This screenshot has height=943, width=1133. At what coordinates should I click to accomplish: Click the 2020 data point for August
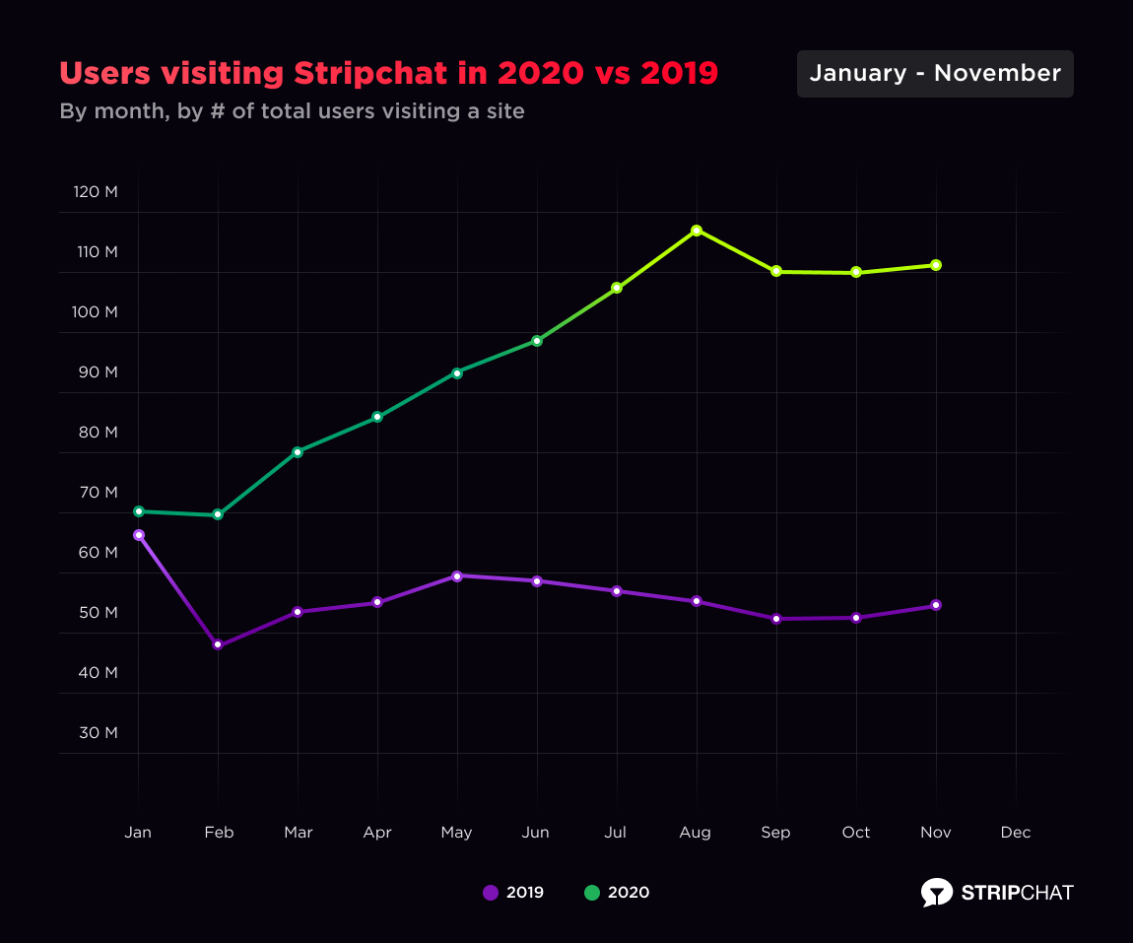click(x=697, y=231)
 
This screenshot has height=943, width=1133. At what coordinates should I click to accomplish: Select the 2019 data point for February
click(x=218, y=645)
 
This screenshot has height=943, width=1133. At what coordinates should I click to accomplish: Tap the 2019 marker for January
click(x=139, y=535)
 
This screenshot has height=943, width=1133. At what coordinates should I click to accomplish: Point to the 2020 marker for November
click(x=936, y=265)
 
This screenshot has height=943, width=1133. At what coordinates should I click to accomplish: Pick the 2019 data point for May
click(x=457, y=575)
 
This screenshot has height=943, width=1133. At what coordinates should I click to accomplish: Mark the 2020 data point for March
click(x=298, y=452)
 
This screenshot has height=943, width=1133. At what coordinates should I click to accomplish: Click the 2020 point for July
click(x=617, y=288)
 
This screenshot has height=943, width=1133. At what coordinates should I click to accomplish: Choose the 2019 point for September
click(x=776, y=619)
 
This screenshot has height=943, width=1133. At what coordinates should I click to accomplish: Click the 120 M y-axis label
click(x=96, y=191)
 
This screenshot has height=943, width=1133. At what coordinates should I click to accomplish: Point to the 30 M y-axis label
click(x=98, y=732)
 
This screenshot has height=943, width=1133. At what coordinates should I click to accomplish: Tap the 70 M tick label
click(x=98, y=492)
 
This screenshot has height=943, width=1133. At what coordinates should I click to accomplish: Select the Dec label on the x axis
click(x=1016, y=833)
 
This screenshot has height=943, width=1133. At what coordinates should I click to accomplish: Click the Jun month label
click(x=536, y=833)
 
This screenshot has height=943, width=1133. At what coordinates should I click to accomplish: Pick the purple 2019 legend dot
click(x=490, y=893)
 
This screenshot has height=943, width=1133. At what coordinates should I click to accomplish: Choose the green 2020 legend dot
click(x=592, y=893)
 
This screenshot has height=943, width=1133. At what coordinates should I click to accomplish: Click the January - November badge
click(x=935, y=74)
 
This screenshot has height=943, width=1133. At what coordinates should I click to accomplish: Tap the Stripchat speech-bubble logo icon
click(x=937, y=892)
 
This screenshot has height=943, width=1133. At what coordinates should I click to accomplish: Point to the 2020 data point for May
click(x=457, y=373)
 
